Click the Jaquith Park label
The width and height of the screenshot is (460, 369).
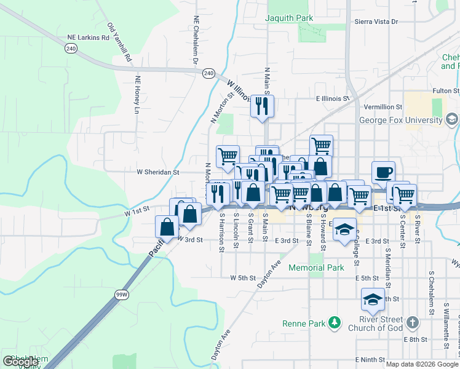tap(288, 18)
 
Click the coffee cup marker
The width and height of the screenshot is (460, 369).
tap(383, 172)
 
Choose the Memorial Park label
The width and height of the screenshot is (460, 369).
tap(316, 268)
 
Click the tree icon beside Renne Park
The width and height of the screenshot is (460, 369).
tap(334, 322)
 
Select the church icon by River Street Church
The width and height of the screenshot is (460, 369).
tap(412, 321)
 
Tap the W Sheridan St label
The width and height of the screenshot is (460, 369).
tap(157, 173)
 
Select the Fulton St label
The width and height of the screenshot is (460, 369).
tap(446, 91)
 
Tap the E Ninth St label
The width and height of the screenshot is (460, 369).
tap(370, 360)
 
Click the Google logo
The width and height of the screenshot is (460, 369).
tap(20, 361)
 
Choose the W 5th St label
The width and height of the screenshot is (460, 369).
tap(242, 278)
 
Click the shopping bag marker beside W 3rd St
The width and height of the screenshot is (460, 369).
tap(167, 227)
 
